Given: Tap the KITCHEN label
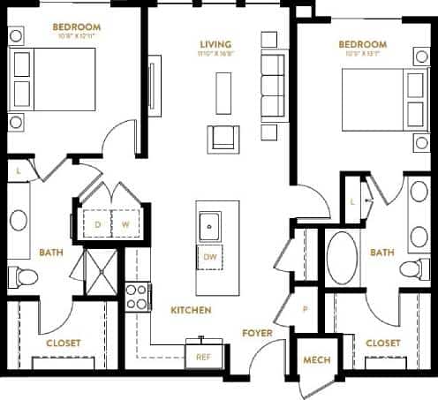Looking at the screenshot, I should (x=190, y=310).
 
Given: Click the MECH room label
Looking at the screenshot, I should (x=316, y=360).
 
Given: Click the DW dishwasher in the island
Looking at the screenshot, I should (x=210, y=257).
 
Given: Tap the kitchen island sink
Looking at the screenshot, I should (x=210, y=226).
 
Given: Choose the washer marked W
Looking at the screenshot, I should (x=125, y=224).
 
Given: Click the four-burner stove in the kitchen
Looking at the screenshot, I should (x=136, y=296).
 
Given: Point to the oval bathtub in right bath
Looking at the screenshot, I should (x=342, y=257).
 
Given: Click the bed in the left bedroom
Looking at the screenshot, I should (x=53, y=79).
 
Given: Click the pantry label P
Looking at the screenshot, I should (x=305, y=309).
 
